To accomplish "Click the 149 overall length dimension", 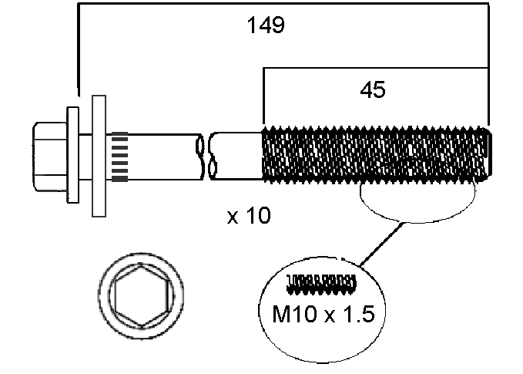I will click(x=266, y=26).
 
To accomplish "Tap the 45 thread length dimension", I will click(x=373, y=90).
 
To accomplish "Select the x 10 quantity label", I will click(x=249, y=217).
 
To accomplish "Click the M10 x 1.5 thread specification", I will click(x=324, y=315).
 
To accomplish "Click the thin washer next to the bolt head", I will click(x=72, y=154).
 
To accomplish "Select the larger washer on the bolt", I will click(x=98, y=155).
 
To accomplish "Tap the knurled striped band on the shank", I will click(x=119, y=156).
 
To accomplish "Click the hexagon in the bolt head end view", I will click(x=142, y=298).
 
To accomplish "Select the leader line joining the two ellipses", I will click(x=382, y=244).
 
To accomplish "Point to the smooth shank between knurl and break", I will click(x=162, y=156).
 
